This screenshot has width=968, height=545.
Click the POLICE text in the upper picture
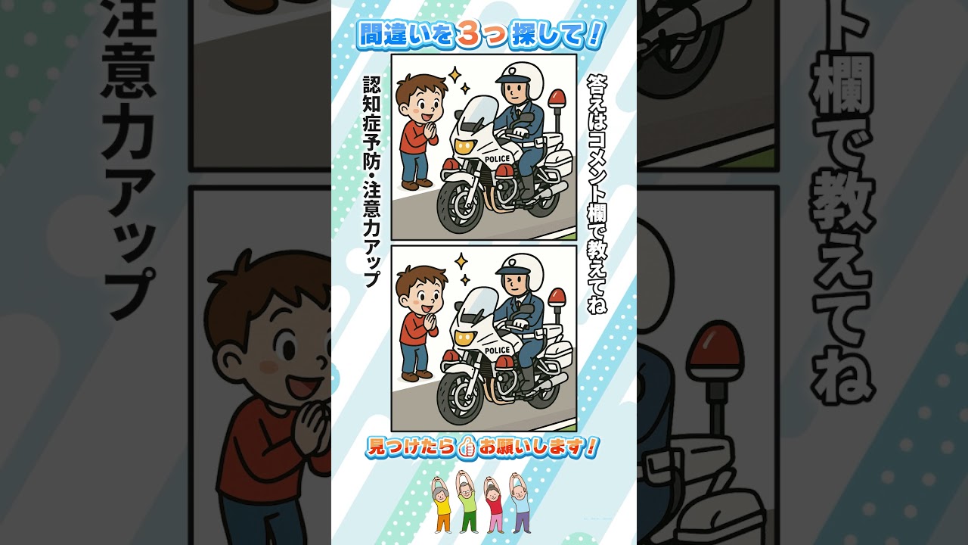tap(498, 159)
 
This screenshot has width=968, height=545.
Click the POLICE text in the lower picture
tap(498, 350)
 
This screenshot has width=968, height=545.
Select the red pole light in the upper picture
tap(557, 98)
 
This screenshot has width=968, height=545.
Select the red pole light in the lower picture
tap(557, 299)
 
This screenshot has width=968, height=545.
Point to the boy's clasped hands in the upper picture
tap(431, 131)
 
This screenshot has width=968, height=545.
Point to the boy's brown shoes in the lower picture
tap(417, 375)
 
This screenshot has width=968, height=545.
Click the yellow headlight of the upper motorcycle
tap(465, 146)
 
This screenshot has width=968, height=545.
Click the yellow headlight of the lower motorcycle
tap(465, 338)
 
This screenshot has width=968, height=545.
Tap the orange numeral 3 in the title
tap(469, 34)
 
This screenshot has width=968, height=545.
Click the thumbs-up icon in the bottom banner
tap(467, 448)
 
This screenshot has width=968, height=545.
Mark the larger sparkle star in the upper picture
tap(455, 74)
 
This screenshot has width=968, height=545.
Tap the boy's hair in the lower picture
tap(420, 278)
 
